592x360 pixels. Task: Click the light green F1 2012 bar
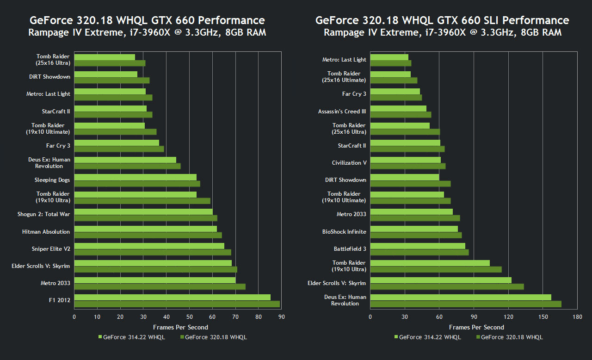(x=172, y=297)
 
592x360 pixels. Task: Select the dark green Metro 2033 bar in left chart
(x=160, y=286)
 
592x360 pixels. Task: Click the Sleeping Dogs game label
(x=52, y=180)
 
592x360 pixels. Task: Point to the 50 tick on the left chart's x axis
(x=189, y=317)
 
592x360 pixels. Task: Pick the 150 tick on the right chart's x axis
(x=543, y=317)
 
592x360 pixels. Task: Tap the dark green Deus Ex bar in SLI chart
(x=466, y=304)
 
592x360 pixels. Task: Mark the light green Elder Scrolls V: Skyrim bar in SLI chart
(x=441, y=280)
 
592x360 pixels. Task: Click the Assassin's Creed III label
(x=342, y=112)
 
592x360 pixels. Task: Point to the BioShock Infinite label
(x=344, y=232)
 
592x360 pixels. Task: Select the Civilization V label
(x=349, y=163)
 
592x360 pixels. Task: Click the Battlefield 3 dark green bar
(x=419, y=252)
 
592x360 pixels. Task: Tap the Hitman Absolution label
(x=46, y=232)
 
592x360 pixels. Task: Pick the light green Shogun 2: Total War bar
(x=143, y=211)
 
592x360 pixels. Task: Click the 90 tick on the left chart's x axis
(x=281, y=317)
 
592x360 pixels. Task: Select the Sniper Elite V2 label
(x=51, y=249)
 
